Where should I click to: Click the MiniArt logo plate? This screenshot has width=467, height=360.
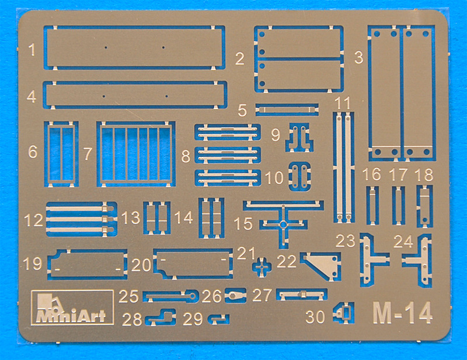click(72, 307)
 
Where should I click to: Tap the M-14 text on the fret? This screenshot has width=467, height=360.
click(402, 313)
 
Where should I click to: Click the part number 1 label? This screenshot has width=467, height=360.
click(32, 50)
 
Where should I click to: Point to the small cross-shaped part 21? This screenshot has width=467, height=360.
click(262, 266)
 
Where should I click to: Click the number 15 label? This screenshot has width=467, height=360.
click(243, 223)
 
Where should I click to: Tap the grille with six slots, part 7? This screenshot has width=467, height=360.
click(136, 154)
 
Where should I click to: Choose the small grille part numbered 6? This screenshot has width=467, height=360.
click(61, 154)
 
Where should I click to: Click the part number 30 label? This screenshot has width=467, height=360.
click(315, 317)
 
